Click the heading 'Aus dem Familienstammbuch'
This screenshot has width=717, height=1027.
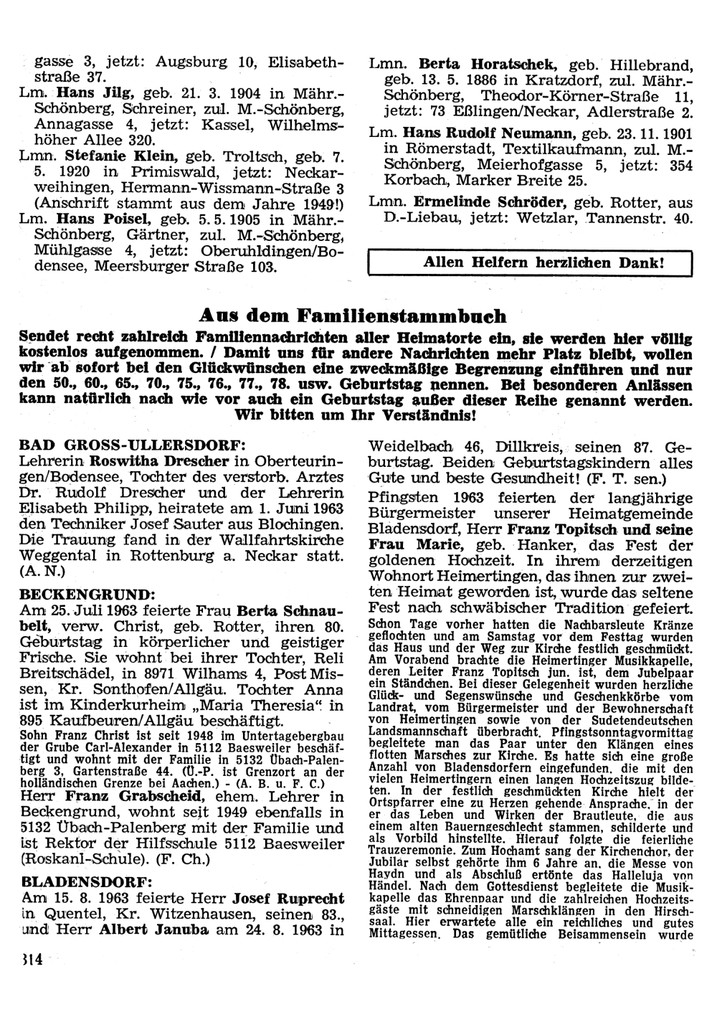coord(352,316)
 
